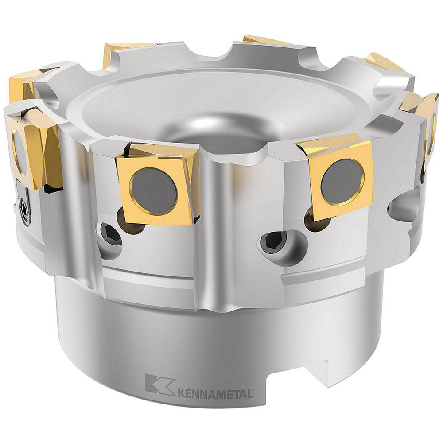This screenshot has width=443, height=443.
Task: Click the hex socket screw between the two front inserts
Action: pyautogui.click(x=271, y=242)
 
